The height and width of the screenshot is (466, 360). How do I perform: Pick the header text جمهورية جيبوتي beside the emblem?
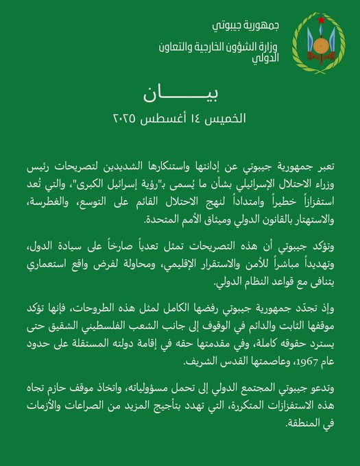[247, 26]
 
